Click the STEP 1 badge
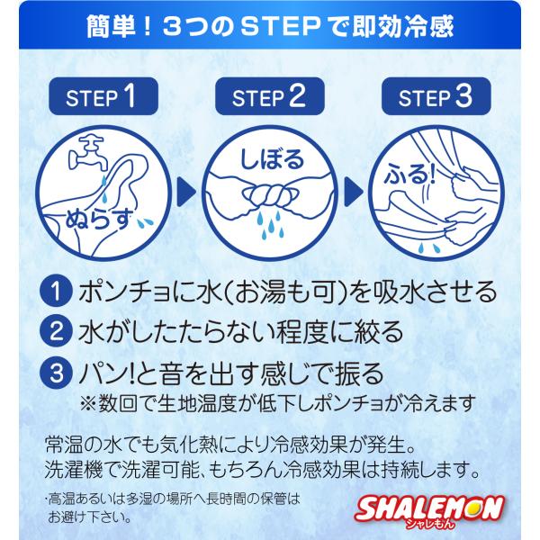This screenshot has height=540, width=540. (103, 96)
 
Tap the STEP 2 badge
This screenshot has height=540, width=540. (270, 96)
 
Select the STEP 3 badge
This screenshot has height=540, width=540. (436, 96)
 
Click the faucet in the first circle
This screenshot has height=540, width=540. (89, 153)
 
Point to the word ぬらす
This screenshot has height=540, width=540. (99, 219)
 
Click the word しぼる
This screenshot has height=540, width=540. (272, 158)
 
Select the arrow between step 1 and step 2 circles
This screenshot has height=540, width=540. (186, 193)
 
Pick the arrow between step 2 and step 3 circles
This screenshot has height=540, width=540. (354, 193)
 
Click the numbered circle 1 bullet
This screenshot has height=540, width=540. (57, 292)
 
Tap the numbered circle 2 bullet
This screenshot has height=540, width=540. (57, 332)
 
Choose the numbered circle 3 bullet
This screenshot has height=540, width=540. (57, 373)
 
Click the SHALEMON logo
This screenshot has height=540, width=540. (430, 510)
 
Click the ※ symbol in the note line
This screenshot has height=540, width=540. (88, 403)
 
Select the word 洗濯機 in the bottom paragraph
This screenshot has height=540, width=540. (74, 469)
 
